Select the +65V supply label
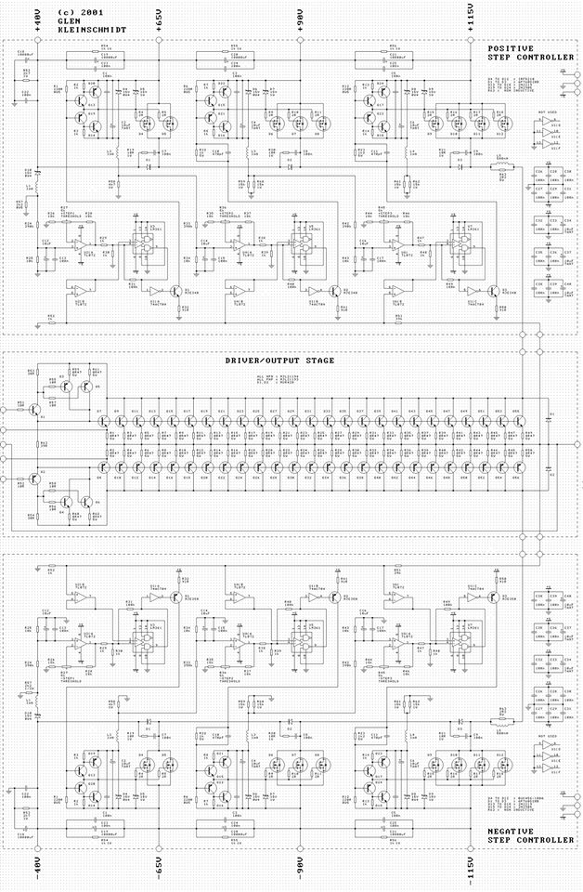pyautogui.click(x=160, y=19)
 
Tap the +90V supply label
pyautogui.click(x=301, y=19)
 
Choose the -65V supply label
pyautogui.click(x=160, y=871)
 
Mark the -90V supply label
pyautogui.click(x=301, y=871)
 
